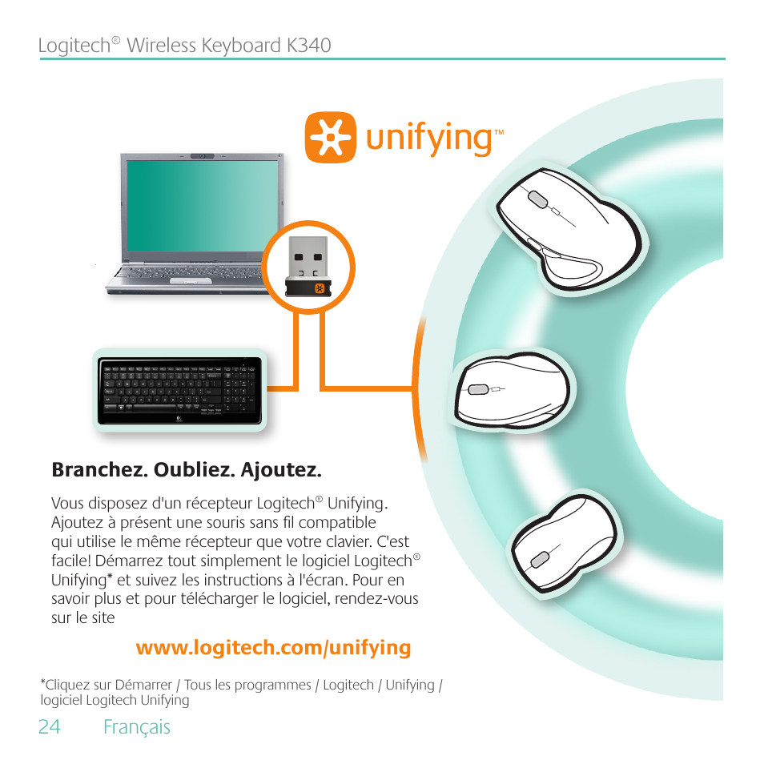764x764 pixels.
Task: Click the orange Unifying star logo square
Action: tap(331, 138)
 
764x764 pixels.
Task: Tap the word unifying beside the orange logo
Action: tap(429, 139)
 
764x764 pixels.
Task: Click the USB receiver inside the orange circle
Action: tap(308, 267)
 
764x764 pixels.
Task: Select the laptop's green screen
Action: tap(202, 206)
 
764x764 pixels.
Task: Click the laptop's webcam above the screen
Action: tap(202, 156)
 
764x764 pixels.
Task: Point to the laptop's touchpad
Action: tap(191, 282)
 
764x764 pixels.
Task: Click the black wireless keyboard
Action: tap(180, 391)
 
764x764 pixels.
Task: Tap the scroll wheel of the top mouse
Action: tap(538, 199)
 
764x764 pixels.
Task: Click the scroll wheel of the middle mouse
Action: tap(477, 389)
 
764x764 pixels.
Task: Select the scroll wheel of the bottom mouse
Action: tap(540, 560)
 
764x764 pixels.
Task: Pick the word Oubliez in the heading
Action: tap(195, 470)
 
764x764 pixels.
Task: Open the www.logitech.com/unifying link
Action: tap(273, 648)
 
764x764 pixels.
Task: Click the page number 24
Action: tap(49, 726)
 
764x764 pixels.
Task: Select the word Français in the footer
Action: tap(137, 727)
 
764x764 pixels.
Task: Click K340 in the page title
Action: tap(309, 46)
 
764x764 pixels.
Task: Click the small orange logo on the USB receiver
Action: tap(320, 288)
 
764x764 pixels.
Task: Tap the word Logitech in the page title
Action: tap(75, 46)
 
